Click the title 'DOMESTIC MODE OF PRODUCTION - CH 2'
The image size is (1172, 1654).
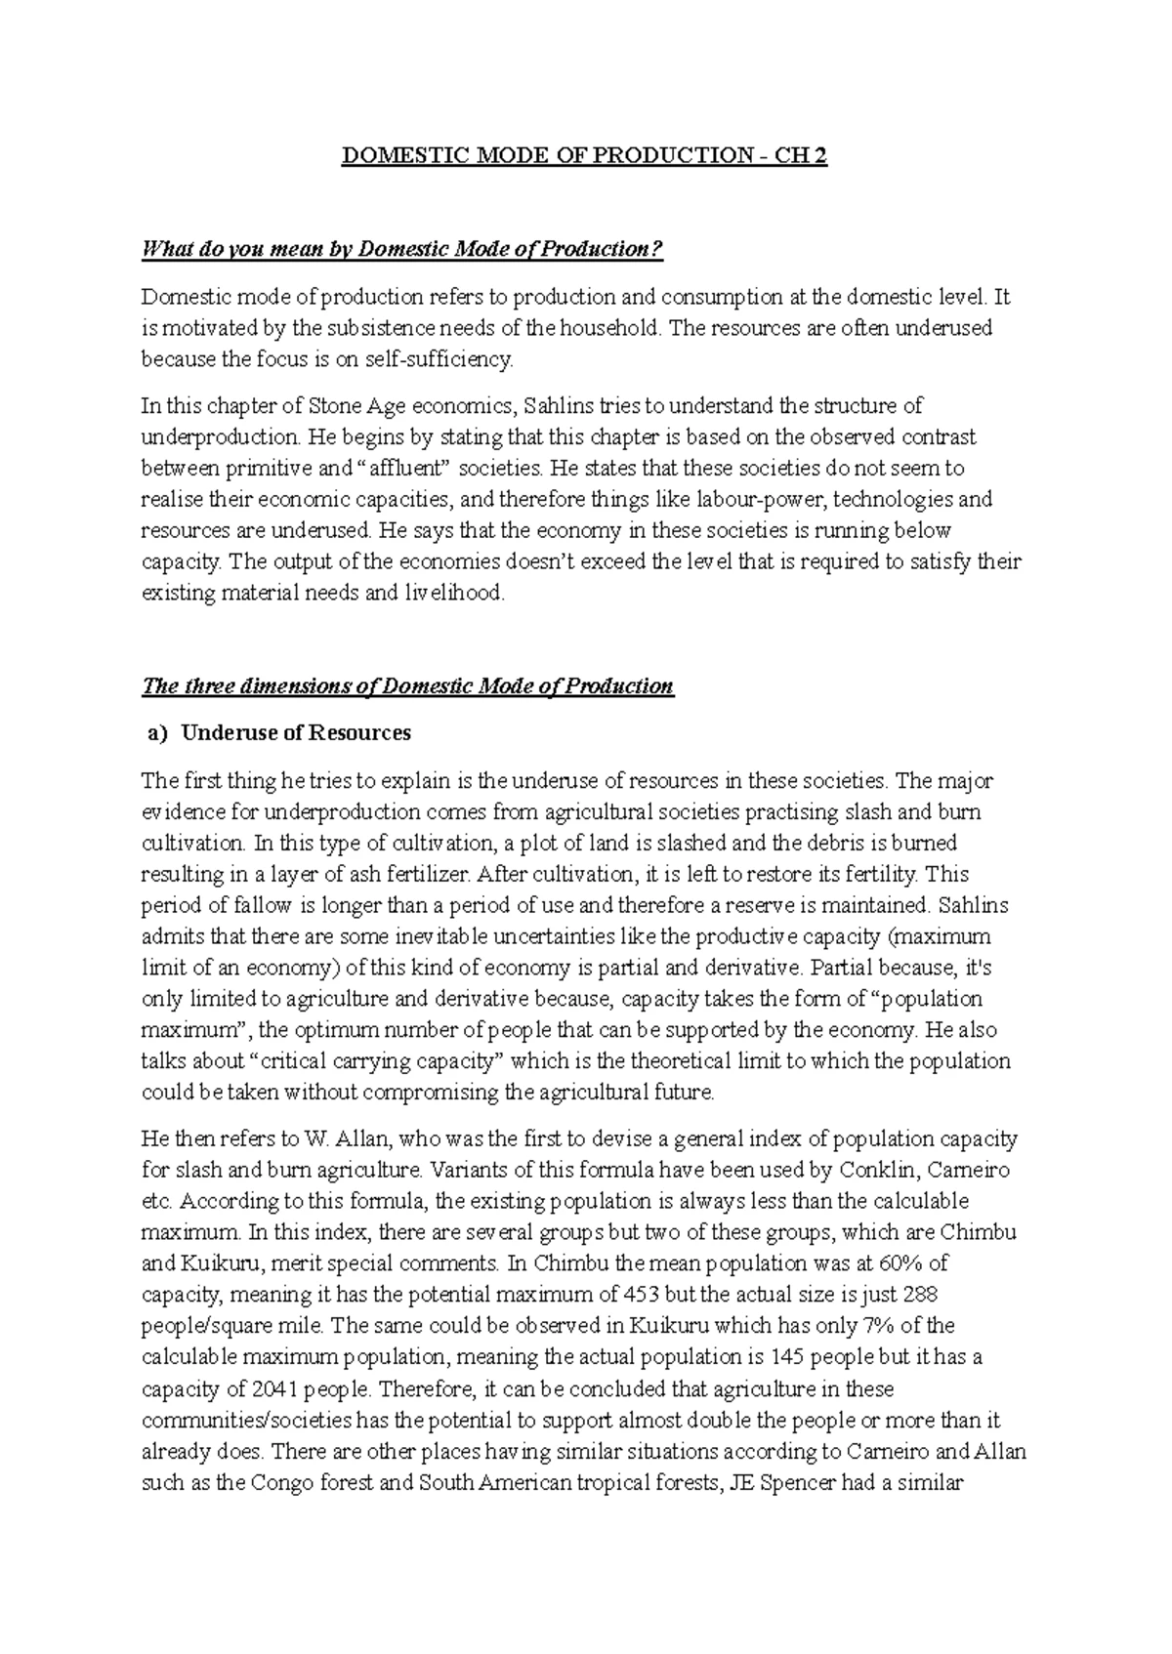click(584, 157)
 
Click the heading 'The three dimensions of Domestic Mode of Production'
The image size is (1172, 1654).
click(407, 685)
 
